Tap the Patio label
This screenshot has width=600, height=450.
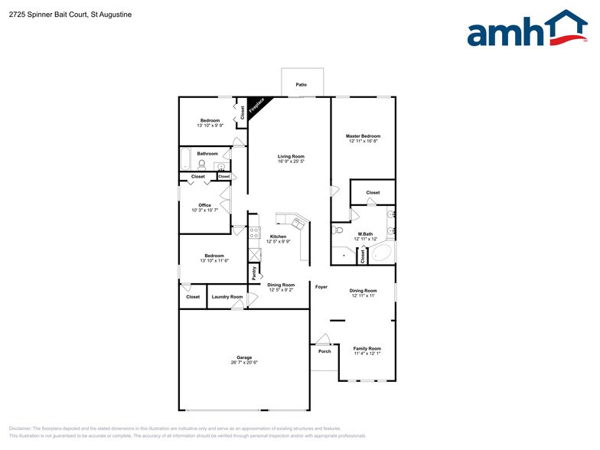click(x=302, y=84)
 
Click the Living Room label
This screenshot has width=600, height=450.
click(x=291, y=156)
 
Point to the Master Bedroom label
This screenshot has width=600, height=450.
click(x=363, y=136)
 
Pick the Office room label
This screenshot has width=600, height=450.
click(x=204, y=205)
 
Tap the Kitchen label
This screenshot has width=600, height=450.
click(x=278, y=236)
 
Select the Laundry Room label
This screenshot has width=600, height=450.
click(x=227, y=297)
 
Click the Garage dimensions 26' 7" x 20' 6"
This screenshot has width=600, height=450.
click(x=244, y=362)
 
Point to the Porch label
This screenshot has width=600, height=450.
click(x=324, y=351)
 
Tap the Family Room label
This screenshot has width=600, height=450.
click(x=367, y=348)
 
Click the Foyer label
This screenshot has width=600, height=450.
click(x=321, y=287)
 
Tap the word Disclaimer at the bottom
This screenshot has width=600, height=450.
click(x=20, y=429)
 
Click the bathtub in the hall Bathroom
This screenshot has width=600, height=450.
click(x=184, y=159)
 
